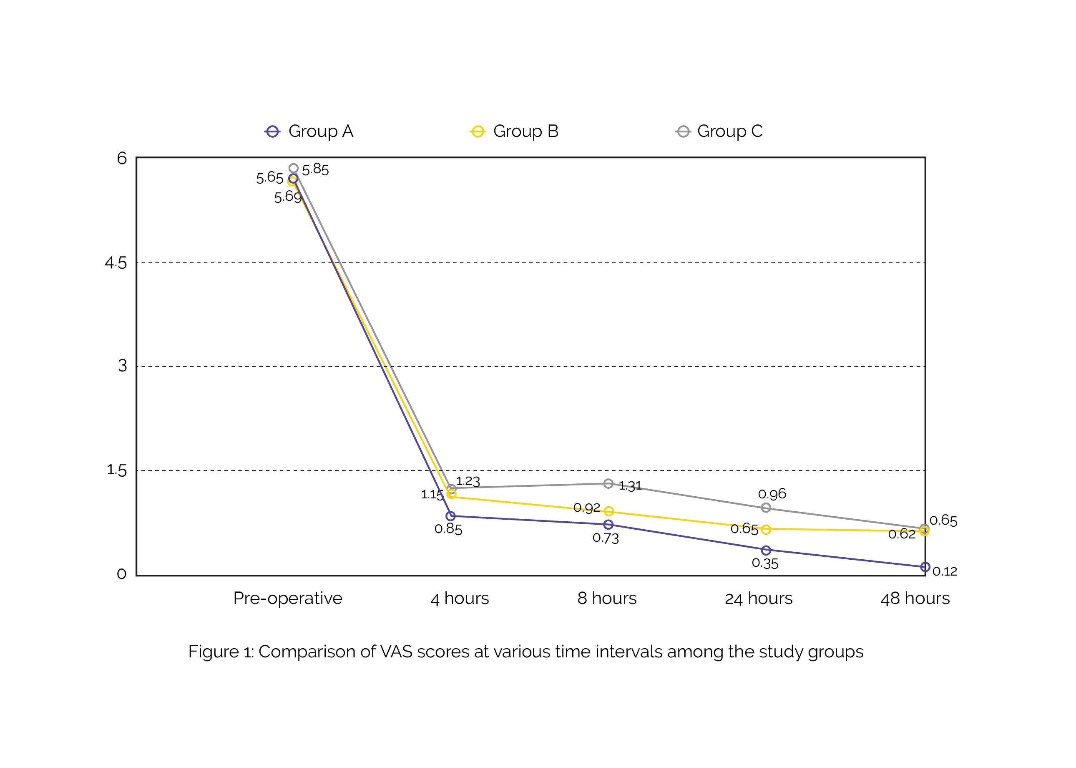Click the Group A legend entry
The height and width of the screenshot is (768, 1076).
coord(309,131)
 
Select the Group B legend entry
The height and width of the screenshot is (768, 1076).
coord(514,131)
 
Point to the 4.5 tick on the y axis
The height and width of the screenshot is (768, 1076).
coord(116,263)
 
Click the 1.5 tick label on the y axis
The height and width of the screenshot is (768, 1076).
coord(117,470)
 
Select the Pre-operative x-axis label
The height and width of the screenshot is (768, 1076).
coord(287,598)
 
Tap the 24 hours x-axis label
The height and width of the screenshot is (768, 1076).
coord(759,599)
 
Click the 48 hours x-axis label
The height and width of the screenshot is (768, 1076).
coord(915,599)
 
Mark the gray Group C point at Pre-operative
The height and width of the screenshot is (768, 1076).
coord(294,168)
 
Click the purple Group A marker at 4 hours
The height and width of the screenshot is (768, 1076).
coord(450,516)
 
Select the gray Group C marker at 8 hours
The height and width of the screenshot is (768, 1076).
coord(608,483)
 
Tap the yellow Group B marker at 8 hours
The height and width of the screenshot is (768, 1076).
coord(608,511)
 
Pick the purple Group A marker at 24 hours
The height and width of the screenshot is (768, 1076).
coord(766,550)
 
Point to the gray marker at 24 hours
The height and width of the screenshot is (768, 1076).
coord(766,508)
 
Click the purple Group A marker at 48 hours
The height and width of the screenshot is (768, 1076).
coord(925,566)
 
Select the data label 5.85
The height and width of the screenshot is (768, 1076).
coord(315,169)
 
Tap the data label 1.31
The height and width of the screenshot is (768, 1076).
coord(631,486)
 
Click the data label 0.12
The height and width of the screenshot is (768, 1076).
coord(945,571)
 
